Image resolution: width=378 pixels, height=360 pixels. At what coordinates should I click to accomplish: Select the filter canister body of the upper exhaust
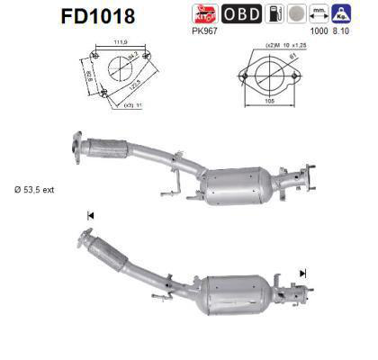238,184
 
